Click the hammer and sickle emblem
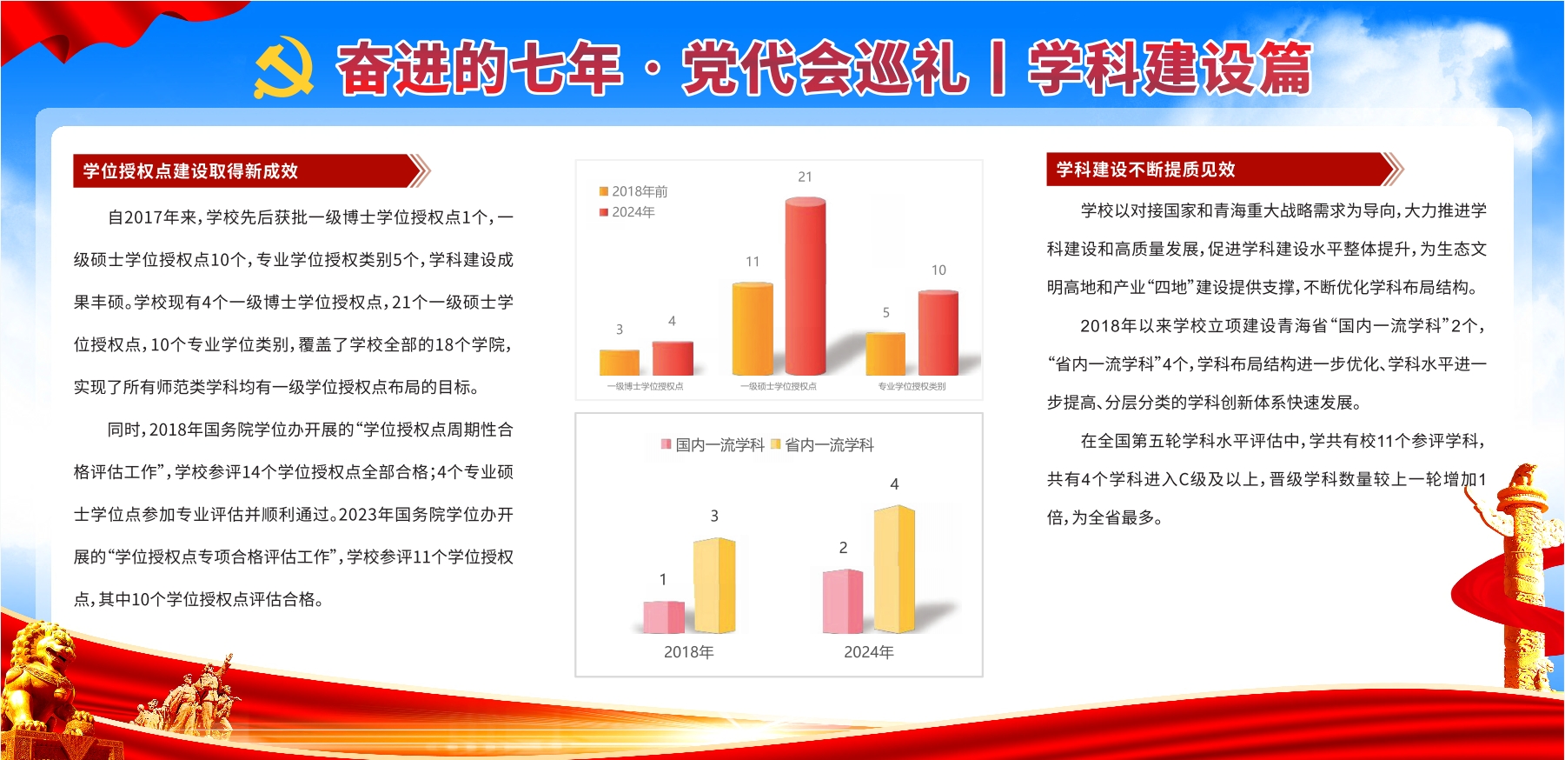[x=284, y=67]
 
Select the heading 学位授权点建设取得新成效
[x=190, y=171]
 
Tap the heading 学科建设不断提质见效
[x=1145, y=170]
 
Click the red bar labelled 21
[x=806, y=287]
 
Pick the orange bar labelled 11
[x=753, y=329]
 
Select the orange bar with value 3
[x=620, y=362]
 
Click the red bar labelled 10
[x=938, y=333]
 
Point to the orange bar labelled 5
[x=885, y=354]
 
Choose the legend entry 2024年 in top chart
[x=627, y=212]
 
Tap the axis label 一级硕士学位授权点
[x=779, y=386]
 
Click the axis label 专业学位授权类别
[x=912, y=386]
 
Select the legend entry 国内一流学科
[x=713, y=444]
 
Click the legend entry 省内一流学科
[x=822, y=444]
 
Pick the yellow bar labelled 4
[x=894, y=569]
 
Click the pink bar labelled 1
[x=664, y=617]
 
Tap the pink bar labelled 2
[x=843, y=601]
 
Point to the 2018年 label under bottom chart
[x=688, y=652]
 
